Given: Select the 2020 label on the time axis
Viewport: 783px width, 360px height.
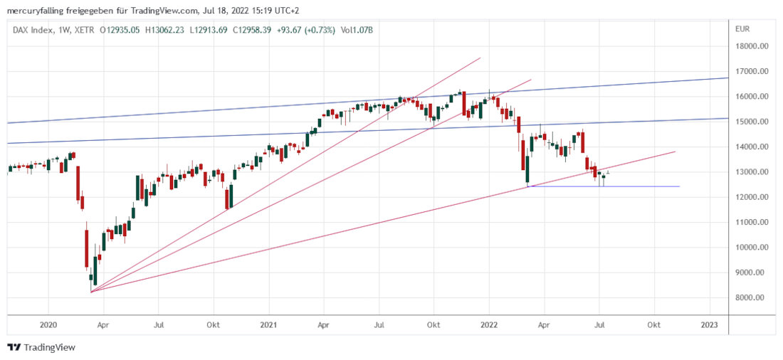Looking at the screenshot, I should [x=48, y=324].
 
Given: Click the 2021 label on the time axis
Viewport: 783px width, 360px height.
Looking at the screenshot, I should [x=268, y=324].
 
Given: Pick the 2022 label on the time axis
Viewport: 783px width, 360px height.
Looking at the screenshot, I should [x=488, y=324].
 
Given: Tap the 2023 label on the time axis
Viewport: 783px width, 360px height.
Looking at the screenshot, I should [x=709, y=324].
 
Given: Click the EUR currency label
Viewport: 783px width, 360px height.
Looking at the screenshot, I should [x=742, y=29].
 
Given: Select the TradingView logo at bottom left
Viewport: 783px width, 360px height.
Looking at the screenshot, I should [x=41, y=347].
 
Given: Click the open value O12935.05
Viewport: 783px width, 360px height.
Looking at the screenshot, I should [x=117, y=30].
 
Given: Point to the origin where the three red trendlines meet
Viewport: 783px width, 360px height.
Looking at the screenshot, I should [x=91, y=292].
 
